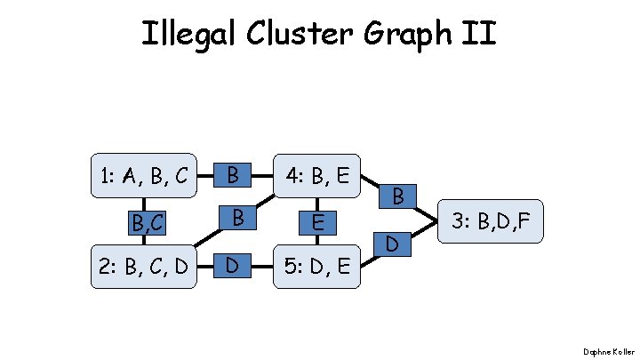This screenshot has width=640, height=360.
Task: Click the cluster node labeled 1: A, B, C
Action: click(x=143, y=176)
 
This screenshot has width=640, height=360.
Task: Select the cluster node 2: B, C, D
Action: click(x=143, y=265)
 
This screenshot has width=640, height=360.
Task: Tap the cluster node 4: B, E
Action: click(x=316, y=176)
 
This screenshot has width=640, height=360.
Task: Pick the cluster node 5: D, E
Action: click(x=316, y=265)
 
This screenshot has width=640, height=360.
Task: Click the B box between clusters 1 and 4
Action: click(x=232, y=175)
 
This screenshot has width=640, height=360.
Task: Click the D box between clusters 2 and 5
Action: click(x=232, y=264)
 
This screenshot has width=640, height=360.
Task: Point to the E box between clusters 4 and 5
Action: click(x=316, y=220)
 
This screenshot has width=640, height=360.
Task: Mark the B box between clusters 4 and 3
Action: click(x=398, y=196)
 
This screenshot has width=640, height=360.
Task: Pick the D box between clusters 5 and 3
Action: click(x=392, y=243)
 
